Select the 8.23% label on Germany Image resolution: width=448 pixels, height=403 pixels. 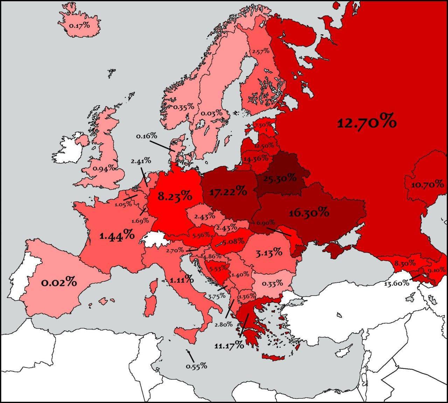point(174,196)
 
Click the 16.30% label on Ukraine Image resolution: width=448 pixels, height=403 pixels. point(309,212)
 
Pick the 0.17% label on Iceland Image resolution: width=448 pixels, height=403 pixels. point(79,26)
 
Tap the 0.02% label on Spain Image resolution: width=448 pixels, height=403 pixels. point(59,282)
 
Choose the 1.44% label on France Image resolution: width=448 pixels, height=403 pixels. point(117,236)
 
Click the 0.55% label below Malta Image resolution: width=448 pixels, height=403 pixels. point(196,366)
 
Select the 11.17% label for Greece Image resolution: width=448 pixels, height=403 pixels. point(229,346)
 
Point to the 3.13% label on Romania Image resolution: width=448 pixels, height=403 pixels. point(268,252)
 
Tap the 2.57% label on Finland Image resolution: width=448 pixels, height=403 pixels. point(260,51)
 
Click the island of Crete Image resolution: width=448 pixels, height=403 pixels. point(276,358)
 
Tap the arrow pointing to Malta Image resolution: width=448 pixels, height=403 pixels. point(190,356)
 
